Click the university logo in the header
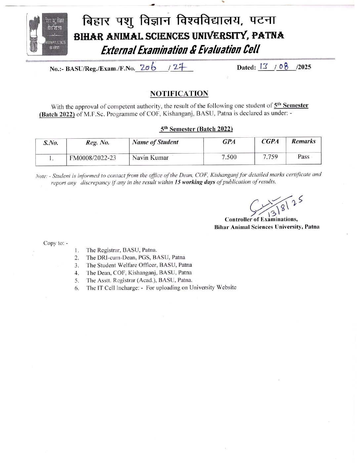pyautogui.click(x=47, y=34)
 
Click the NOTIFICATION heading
pyautogui.click(x=179, y=94)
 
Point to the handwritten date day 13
pyautogui.click(x=264, y=67)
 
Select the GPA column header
pyautogui.click(x=229, y=142)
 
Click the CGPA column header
pyautogui.click(x=270, y=141)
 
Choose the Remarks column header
pyautogui.click(x=303, y=141)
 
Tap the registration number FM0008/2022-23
pyautogui.click(x=93, y=158)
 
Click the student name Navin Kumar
pyautogui.click(x=150, y=158)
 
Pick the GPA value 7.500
pyautogui.click(x=229, y=157)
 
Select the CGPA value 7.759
pyautogui.click(x=270, y=157)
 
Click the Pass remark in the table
pyautogui.click(x=303, y=157)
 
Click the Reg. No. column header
pyautogui.click(x=97, y=142)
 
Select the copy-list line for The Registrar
pyautogui.click(x=121, y=250)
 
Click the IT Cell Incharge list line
pyautogui.click(x=161, y=288)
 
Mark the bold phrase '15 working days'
pyautogui.click(x=195, y=182)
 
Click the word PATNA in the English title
pyautogui.click(x=268, y=35)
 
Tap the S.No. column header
pyautogui.click(x=51, y=143)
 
